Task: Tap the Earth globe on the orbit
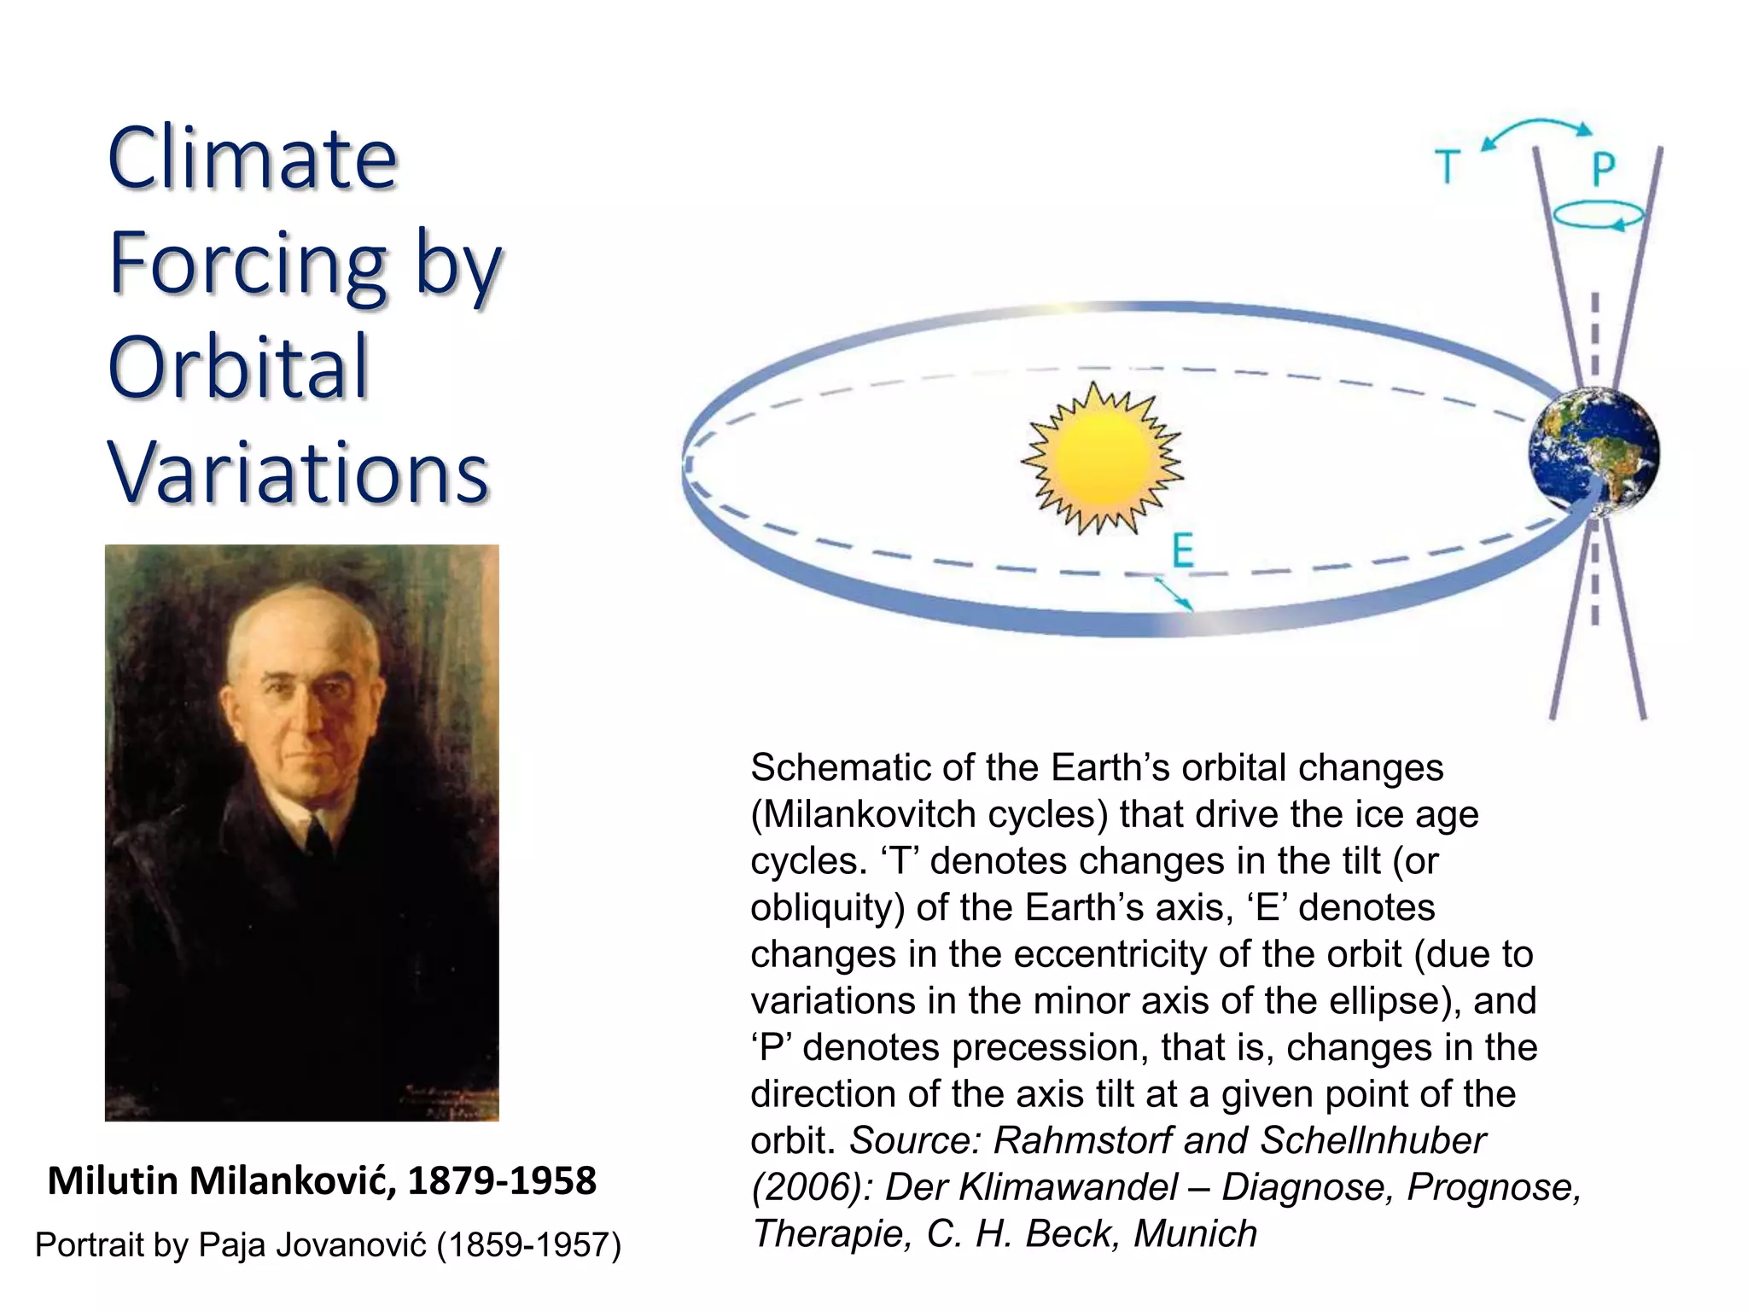pyautogui.click(x=1594, y=452)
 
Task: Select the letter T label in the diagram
pyautogui.click(x=1448, y=166)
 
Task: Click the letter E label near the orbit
pyautogui.click(x=1183, y=551)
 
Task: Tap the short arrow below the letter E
pyautogui.click(x=1173, y=593)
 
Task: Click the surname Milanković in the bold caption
pyautogui.click(x=292, y=1181)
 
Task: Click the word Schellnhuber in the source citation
pyautogui.click(x=1373, y=1141)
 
